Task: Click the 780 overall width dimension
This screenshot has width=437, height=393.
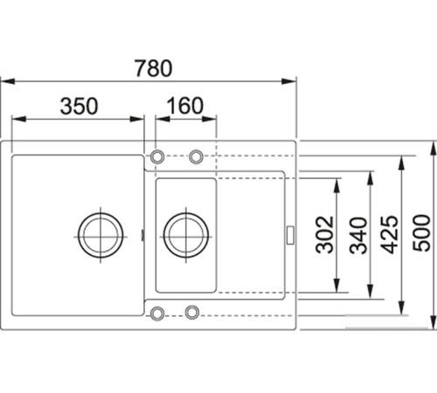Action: [x=149, y=66]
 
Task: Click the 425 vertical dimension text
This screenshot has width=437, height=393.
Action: [x=391, y=234]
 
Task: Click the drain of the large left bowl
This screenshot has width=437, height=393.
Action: [x=99, y=232]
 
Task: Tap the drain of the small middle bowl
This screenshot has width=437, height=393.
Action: [x=185, y=232]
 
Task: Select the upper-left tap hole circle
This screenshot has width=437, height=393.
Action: [x=157, y=156]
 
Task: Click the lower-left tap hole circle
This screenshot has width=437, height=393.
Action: [x=157, y=312]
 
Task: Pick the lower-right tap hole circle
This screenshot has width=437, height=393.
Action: [x=195, y=312]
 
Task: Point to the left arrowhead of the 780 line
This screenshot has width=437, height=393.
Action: [x=5, y=80]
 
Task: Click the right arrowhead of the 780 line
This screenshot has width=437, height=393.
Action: [x=293, y=80]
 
